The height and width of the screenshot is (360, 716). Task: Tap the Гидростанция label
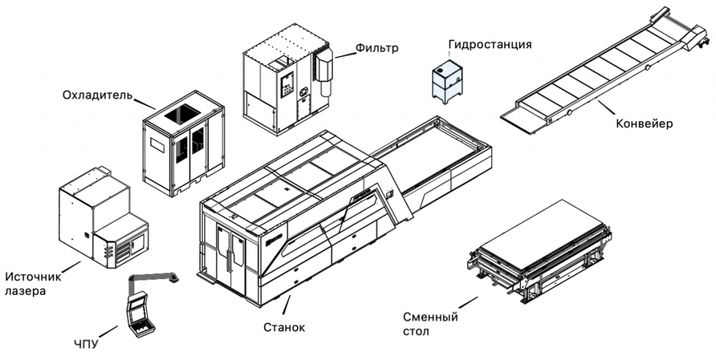(489, 44)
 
